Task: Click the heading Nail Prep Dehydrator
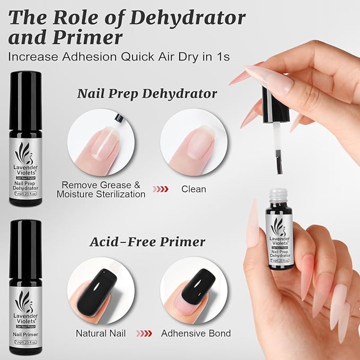tap(147, 94)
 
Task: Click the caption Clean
tap(194, 189)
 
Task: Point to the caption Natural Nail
tap(100, 333)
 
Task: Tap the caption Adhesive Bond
tap(196, 333)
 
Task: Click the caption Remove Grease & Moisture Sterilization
tap(101, 189)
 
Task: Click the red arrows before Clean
tap(162, 189)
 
